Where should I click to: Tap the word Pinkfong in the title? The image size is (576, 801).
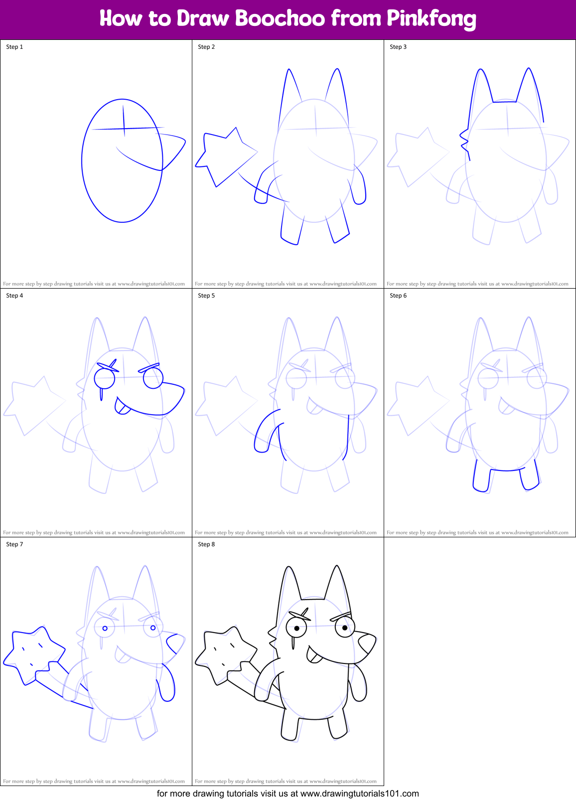[431, 19]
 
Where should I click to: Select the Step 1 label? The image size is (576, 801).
[14, 47]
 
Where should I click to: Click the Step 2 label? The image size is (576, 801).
[206, 47]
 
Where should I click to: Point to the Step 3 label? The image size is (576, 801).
[398, 47]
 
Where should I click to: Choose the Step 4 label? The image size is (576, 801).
[14, 296]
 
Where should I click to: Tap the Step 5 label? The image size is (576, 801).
[206, 296]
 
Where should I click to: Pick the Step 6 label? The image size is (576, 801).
[398, 296]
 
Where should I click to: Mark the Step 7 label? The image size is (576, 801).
[14, 544]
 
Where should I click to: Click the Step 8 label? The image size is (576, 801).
[206, 544]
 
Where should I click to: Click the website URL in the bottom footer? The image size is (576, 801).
[360, 794]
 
